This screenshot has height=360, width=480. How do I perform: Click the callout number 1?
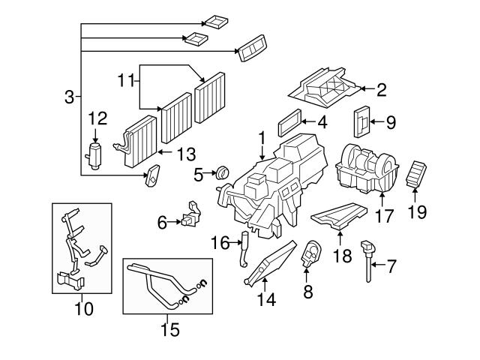[x=262, y=139]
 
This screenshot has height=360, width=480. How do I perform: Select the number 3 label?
[x=69, y=97]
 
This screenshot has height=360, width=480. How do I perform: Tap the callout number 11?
[x=127, y=77]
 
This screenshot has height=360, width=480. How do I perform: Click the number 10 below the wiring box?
[x=84, y=308]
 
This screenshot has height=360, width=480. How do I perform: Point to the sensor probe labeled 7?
[x=368, y=258]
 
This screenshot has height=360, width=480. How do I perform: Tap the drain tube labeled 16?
[x=242, y=250]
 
